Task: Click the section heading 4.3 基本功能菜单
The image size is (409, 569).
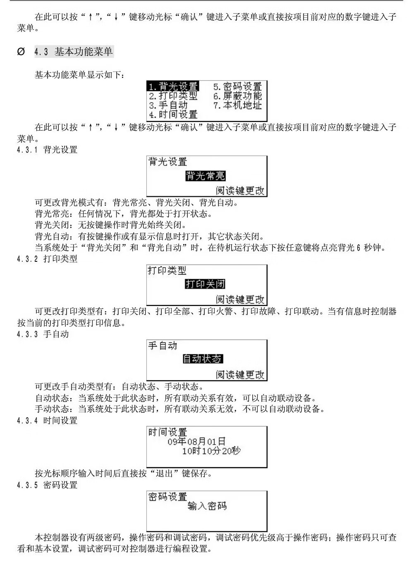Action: (74, 52)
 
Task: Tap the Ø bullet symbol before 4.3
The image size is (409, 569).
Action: (21, 52)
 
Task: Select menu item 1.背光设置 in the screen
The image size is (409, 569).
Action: (173, 86)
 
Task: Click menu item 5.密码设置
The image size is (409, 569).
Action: (237, 86)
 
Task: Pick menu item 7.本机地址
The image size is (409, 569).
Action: (237, 105)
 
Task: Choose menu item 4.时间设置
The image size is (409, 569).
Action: (173, 115)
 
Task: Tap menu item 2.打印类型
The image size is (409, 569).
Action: (173, 96)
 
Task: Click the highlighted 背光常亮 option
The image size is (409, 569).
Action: (205, 176)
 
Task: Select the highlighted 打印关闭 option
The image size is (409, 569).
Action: (205, 284)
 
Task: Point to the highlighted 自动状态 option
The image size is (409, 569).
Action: (203, 359)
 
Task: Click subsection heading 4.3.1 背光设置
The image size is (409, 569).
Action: (47, 150)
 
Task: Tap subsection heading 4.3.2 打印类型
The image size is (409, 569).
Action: (47, 259)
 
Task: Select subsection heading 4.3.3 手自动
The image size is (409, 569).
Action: (43, 334)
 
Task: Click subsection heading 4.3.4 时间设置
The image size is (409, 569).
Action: (47, 421)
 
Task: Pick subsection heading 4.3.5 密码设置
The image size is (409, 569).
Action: (47, 485)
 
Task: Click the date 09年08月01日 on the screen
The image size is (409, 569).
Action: (196, 442)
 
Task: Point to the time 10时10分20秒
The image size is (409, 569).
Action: (211, 451)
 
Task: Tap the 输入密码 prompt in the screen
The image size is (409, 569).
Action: (207, 506)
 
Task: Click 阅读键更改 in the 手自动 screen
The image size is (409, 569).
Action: (240, 375)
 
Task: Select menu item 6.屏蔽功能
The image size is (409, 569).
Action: (237, 96)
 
